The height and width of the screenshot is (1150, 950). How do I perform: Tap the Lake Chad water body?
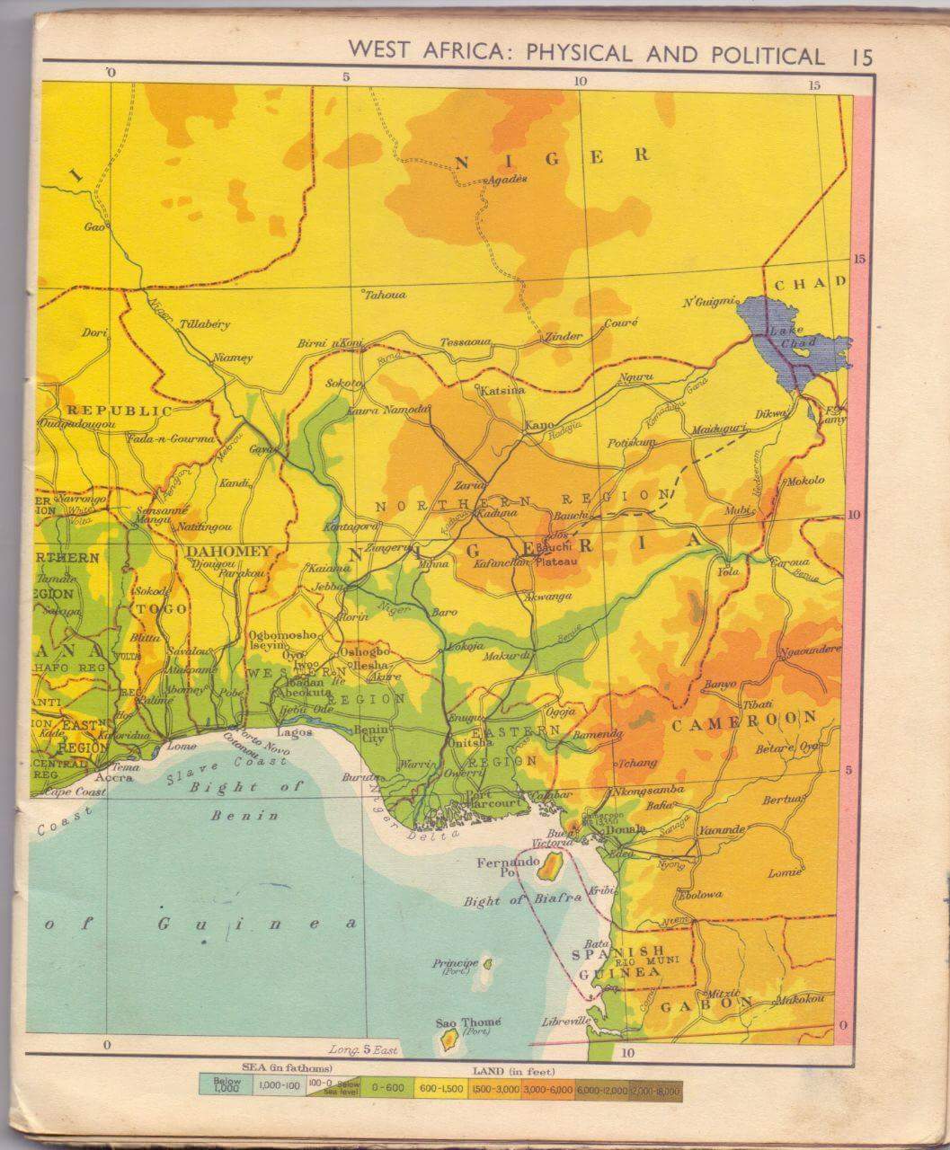click(x=791, y=337)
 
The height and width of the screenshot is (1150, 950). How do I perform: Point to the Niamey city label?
click(x=233, y=358)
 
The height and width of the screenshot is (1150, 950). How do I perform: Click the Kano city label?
click(x=539, y=424)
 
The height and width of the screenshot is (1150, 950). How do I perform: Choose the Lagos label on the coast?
click(x=300, y=732)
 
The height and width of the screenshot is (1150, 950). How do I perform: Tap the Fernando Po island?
click(x=548, y=866)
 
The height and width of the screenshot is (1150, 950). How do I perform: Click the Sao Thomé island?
click(x=447, y=1040)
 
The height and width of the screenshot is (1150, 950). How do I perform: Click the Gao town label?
click(x=94, y=227)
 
